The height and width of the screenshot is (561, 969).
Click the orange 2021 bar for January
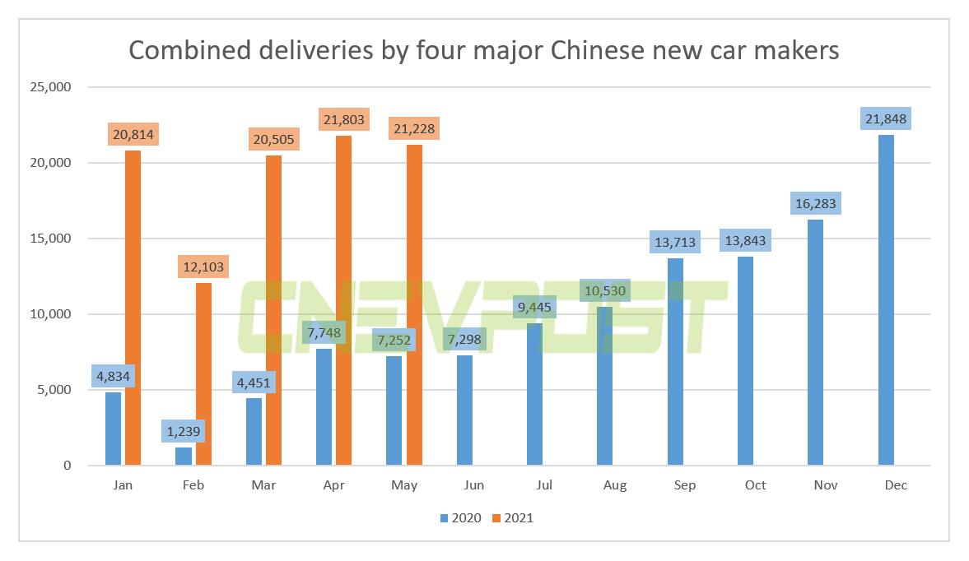click(133, 308)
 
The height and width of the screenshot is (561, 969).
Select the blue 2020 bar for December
click(886, 300)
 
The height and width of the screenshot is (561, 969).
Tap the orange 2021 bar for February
click(203, 373)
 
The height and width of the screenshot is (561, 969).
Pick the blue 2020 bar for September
click(675, 362)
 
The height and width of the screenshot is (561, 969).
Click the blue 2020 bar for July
click(534, 394)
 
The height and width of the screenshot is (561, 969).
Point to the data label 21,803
click(343, 120)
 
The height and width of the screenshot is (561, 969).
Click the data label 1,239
click(184, 430)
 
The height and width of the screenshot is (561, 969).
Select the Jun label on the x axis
click(474, 485)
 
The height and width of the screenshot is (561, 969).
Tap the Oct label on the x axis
click(755, 485)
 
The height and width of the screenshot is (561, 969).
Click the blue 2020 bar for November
click(816, 342)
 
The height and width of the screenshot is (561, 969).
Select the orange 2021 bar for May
click(414, 305)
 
